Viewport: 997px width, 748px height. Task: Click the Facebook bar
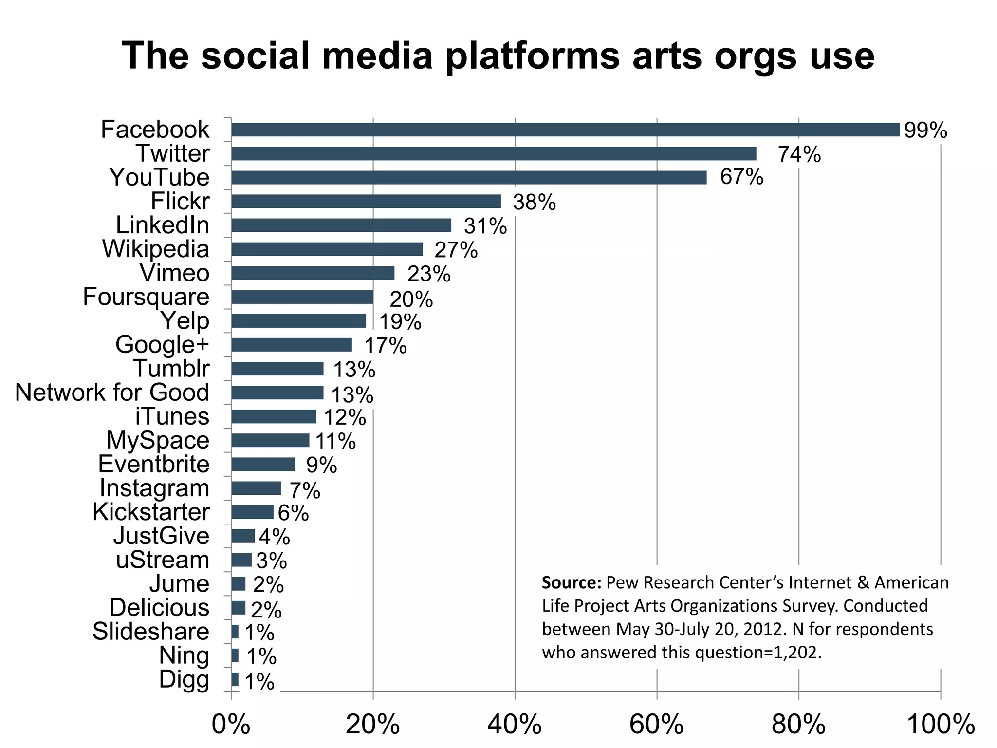tap(565, 130)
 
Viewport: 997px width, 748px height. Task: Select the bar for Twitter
tap(494, 154)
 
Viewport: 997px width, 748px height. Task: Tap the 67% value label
tap(741, 177)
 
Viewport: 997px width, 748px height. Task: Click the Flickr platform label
tap(180, 201)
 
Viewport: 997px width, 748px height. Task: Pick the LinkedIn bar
tap(341, 225)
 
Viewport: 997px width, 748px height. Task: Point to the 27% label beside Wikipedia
tap(456, 250)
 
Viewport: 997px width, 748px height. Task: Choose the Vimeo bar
tap(313, 273)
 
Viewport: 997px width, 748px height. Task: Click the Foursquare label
tap(146, 297)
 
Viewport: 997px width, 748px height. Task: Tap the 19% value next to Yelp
tap(400, 322)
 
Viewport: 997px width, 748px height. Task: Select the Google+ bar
tap(291, 345)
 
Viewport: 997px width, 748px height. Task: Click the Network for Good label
tap(112, 393)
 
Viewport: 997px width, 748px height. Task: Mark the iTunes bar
tap(274, 417)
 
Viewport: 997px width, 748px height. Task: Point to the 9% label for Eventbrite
tap(321, 466)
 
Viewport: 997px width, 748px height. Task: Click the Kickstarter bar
tap(252, 512)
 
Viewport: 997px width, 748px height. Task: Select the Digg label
tap(184, 680)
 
